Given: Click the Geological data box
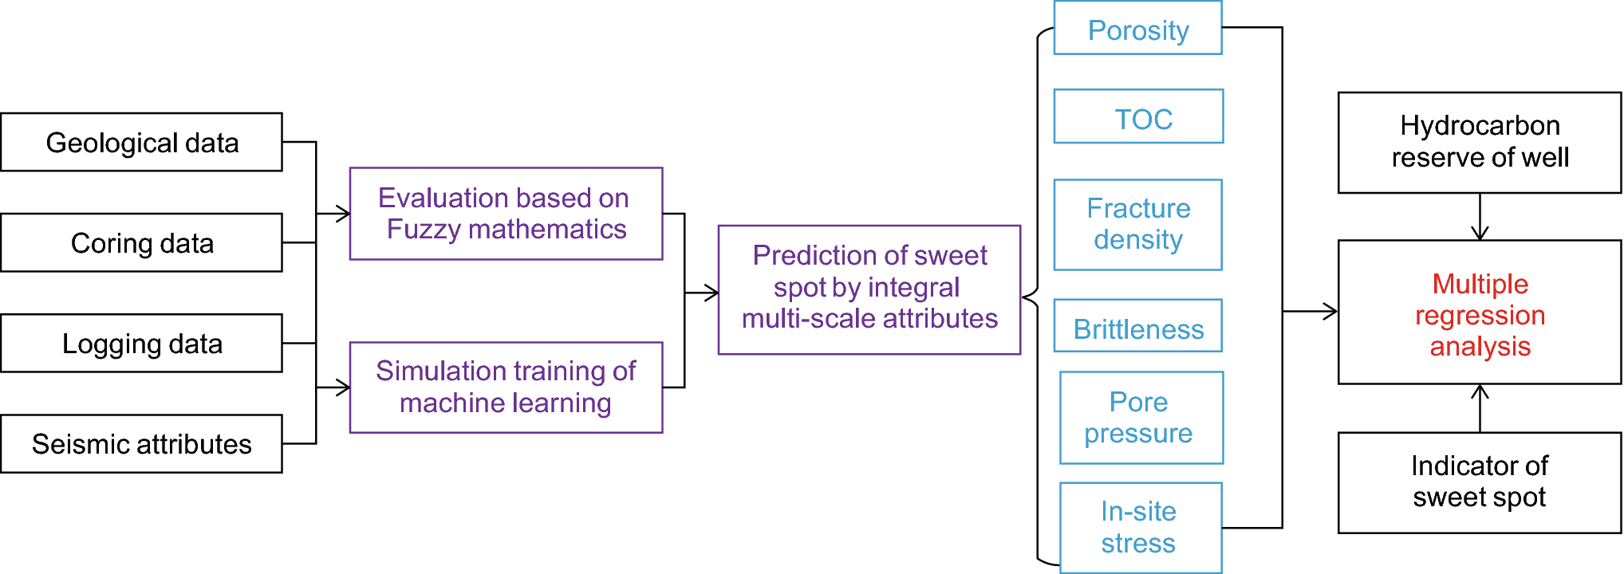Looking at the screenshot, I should point(141,142).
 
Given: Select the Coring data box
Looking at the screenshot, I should point(141,242).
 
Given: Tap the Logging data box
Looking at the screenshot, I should point(141,343).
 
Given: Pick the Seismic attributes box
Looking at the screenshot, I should point(141,443).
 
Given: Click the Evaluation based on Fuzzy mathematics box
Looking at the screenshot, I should point(506,213).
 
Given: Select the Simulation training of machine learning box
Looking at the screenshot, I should point(506,387).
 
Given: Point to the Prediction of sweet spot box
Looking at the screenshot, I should point(869,289).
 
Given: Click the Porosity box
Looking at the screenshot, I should point(1137,29).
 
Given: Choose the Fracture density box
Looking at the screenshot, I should point(1137,224).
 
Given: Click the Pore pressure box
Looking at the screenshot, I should point(1141,417).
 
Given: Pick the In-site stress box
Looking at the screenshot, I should point(1141,527).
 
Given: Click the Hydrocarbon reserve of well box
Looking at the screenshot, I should point(1479,142).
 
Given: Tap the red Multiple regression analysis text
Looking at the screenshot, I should point(1480,315).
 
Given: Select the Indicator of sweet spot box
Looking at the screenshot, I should point(1479,482).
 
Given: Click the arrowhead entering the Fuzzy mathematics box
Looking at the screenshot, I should point(343,214).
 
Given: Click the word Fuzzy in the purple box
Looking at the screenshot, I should point(423,230).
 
